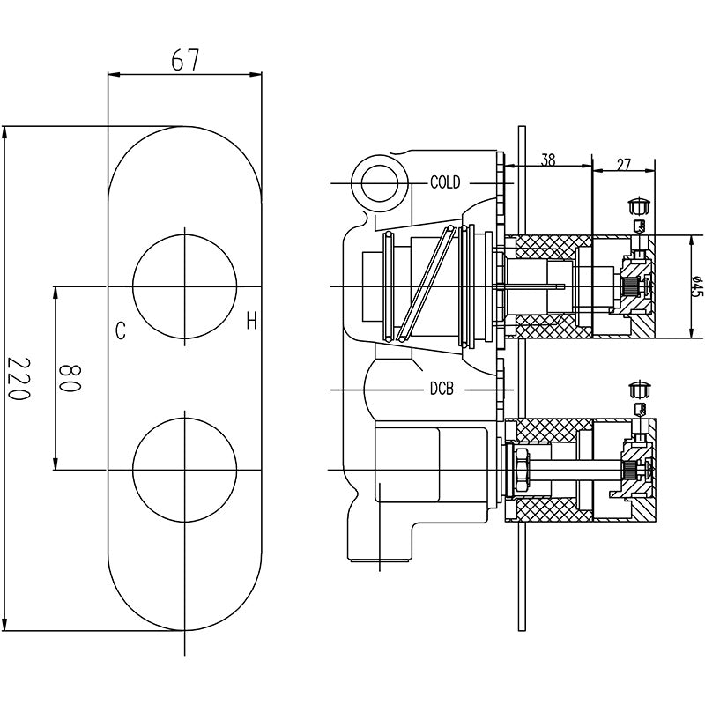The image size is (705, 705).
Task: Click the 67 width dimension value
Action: pyautogui.click(x=185, y=60)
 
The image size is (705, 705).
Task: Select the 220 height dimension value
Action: pyautogui.click(x=19, y=379)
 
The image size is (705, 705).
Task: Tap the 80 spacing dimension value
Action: pyautogui.click(x=70, y=379)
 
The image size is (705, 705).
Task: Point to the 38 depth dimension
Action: pyautogui.click(x=547, y=160)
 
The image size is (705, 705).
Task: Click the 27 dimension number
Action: pyautogui.click(x=623, y=164)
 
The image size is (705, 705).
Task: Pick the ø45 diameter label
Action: pyautogui.click(x=696, y=287)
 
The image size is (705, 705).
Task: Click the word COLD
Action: pyautogui.click(x=445, y=182)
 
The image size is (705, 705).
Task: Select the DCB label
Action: pyautogui.click(x=442, y=389)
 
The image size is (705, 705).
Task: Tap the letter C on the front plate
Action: pyautogui.click(x=120, y=331)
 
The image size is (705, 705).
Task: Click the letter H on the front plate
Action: pyautogui.click(x=251, y=321)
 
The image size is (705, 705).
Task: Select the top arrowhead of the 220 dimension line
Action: pyautogui.click(x=5, y=134)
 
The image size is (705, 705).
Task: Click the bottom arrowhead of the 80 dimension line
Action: pyautogui.click(x=56, y=464)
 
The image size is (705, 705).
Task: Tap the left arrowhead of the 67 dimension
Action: pyautogui.click(x=115, y=74)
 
